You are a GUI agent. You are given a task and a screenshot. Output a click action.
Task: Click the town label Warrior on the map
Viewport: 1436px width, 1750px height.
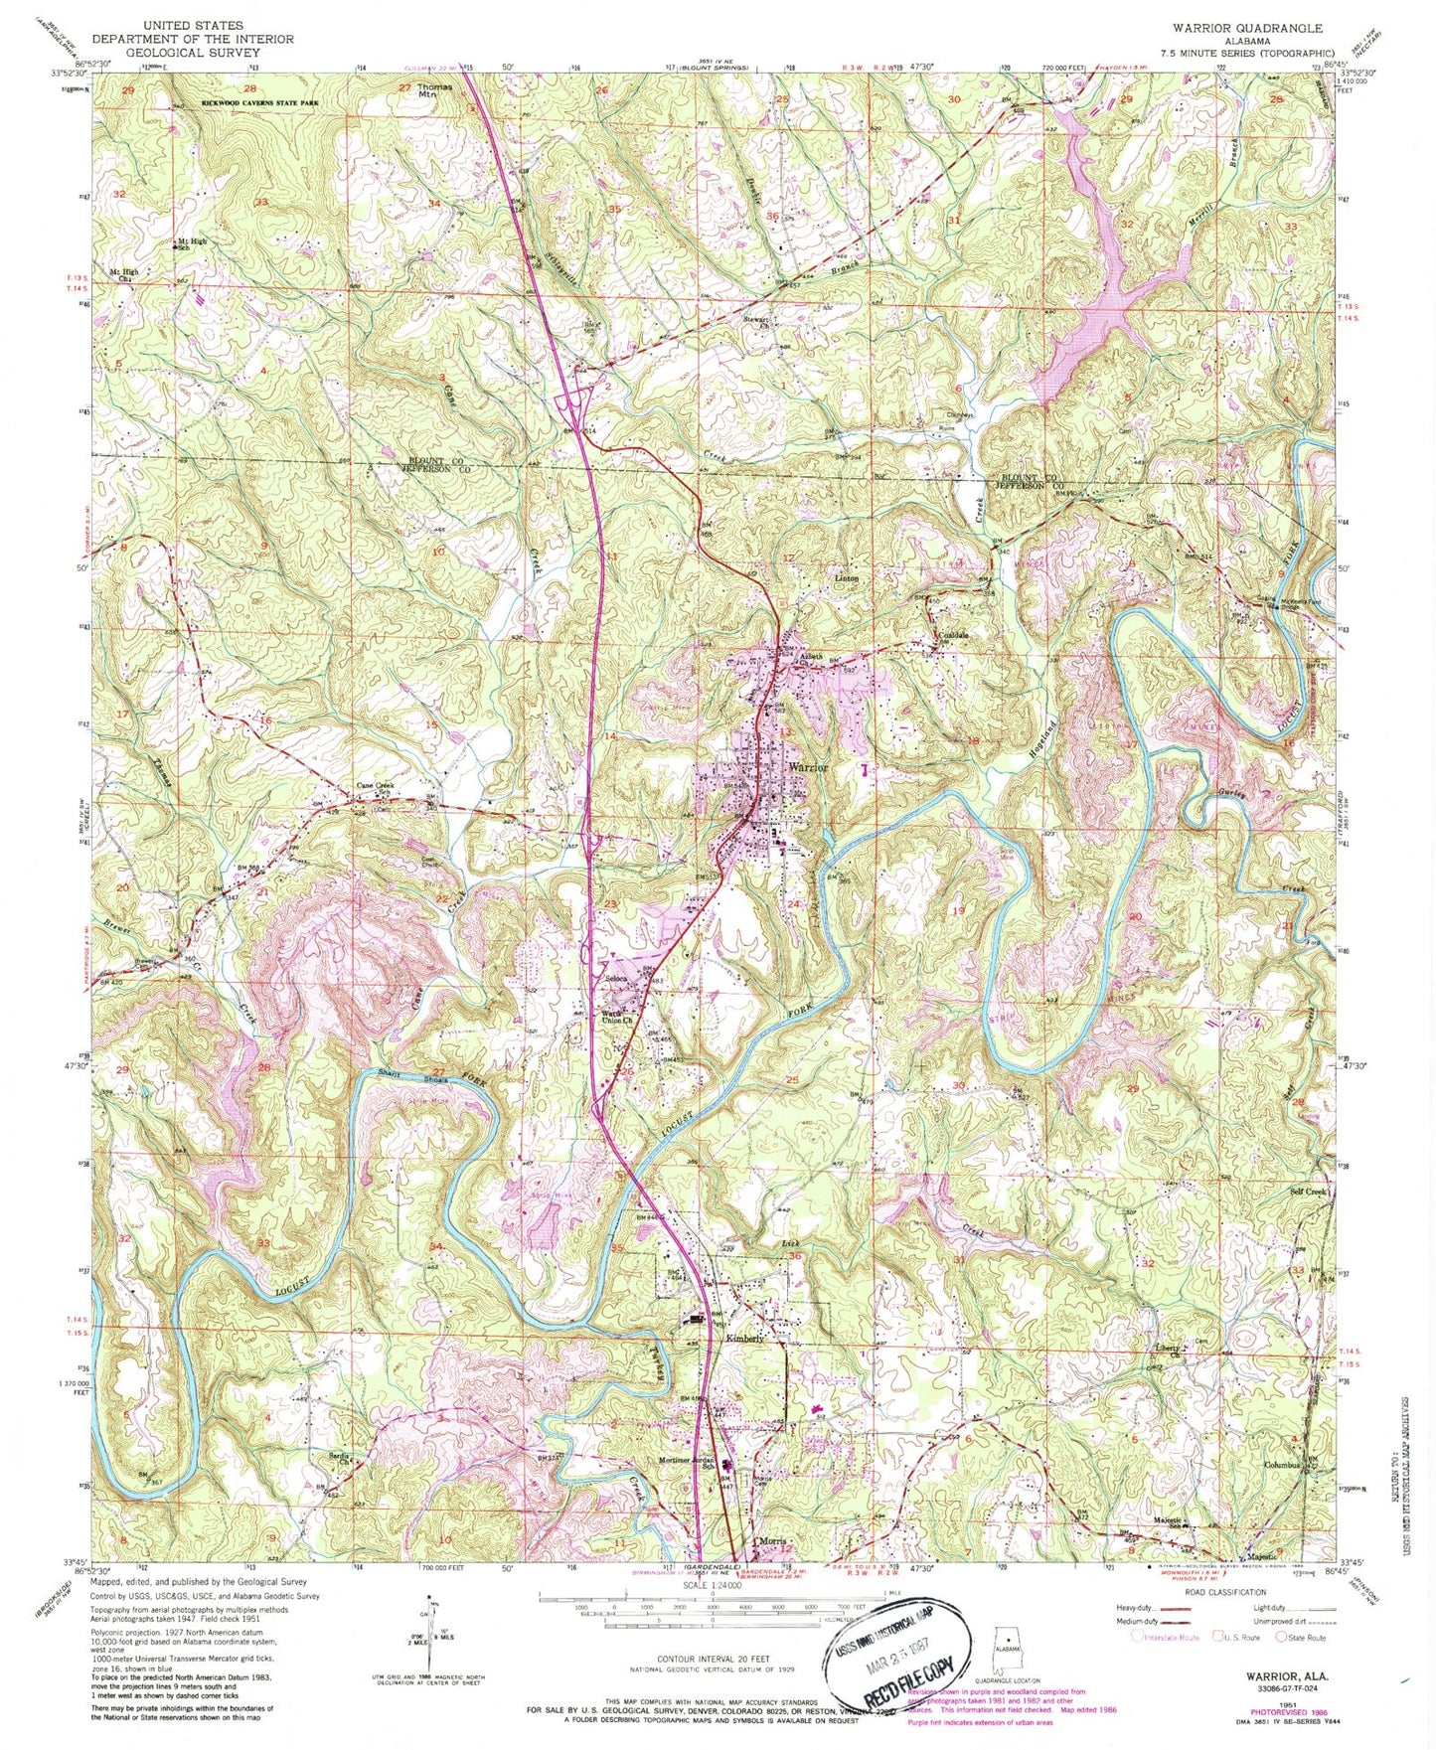(809, 768)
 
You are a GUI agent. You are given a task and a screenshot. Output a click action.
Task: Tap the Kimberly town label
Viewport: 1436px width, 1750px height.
(745, 1339)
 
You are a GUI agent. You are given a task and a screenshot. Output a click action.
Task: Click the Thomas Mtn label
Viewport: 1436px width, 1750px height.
(433, 89)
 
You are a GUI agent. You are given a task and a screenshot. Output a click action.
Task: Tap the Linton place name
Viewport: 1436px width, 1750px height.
(845, 578)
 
